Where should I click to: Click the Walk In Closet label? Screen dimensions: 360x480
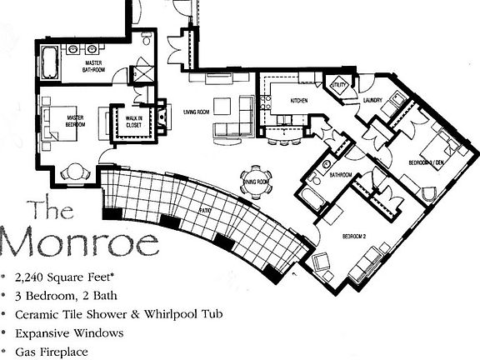tap(132, 122)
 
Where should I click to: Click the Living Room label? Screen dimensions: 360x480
tap(194, 107)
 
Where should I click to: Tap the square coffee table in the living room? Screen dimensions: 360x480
tap(222, 107)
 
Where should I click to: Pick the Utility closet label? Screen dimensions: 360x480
tap(338, 85)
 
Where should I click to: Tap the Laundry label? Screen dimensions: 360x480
tap(373, 102)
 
